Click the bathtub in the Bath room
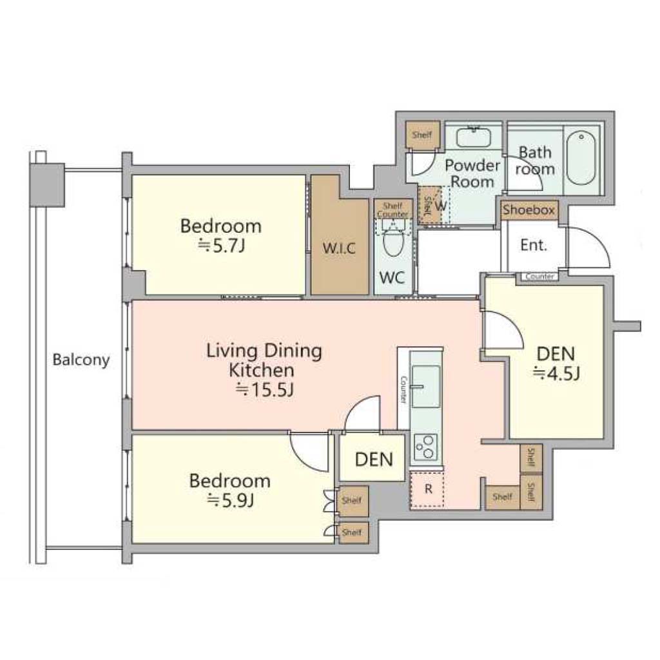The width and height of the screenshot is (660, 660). tap(581, 158)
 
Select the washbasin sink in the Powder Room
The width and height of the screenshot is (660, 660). tap(474, 137)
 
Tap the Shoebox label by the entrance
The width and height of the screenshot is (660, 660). tap(529, 209)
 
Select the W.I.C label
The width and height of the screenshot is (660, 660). tap(339, 248)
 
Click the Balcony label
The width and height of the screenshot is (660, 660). tap(81, 360)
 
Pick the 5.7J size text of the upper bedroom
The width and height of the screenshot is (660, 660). tap(222, 246)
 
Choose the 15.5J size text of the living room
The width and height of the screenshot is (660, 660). tap(264, 390)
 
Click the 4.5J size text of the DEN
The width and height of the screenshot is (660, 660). tap(557, 373)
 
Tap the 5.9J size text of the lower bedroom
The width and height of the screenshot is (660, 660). tap(231, 501)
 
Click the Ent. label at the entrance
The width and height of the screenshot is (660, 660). tap(533, 245)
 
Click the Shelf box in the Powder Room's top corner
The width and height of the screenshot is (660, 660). tap(423, 135)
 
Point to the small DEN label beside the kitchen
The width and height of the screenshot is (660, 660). tap(374, 459)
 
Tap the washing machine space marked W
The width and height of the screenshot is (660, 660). tap(441, 206)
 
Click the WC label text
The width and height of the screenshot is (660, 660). tap(392, 277)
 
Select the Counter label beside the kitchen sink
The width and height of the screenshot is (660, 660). tap(403, 389)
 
